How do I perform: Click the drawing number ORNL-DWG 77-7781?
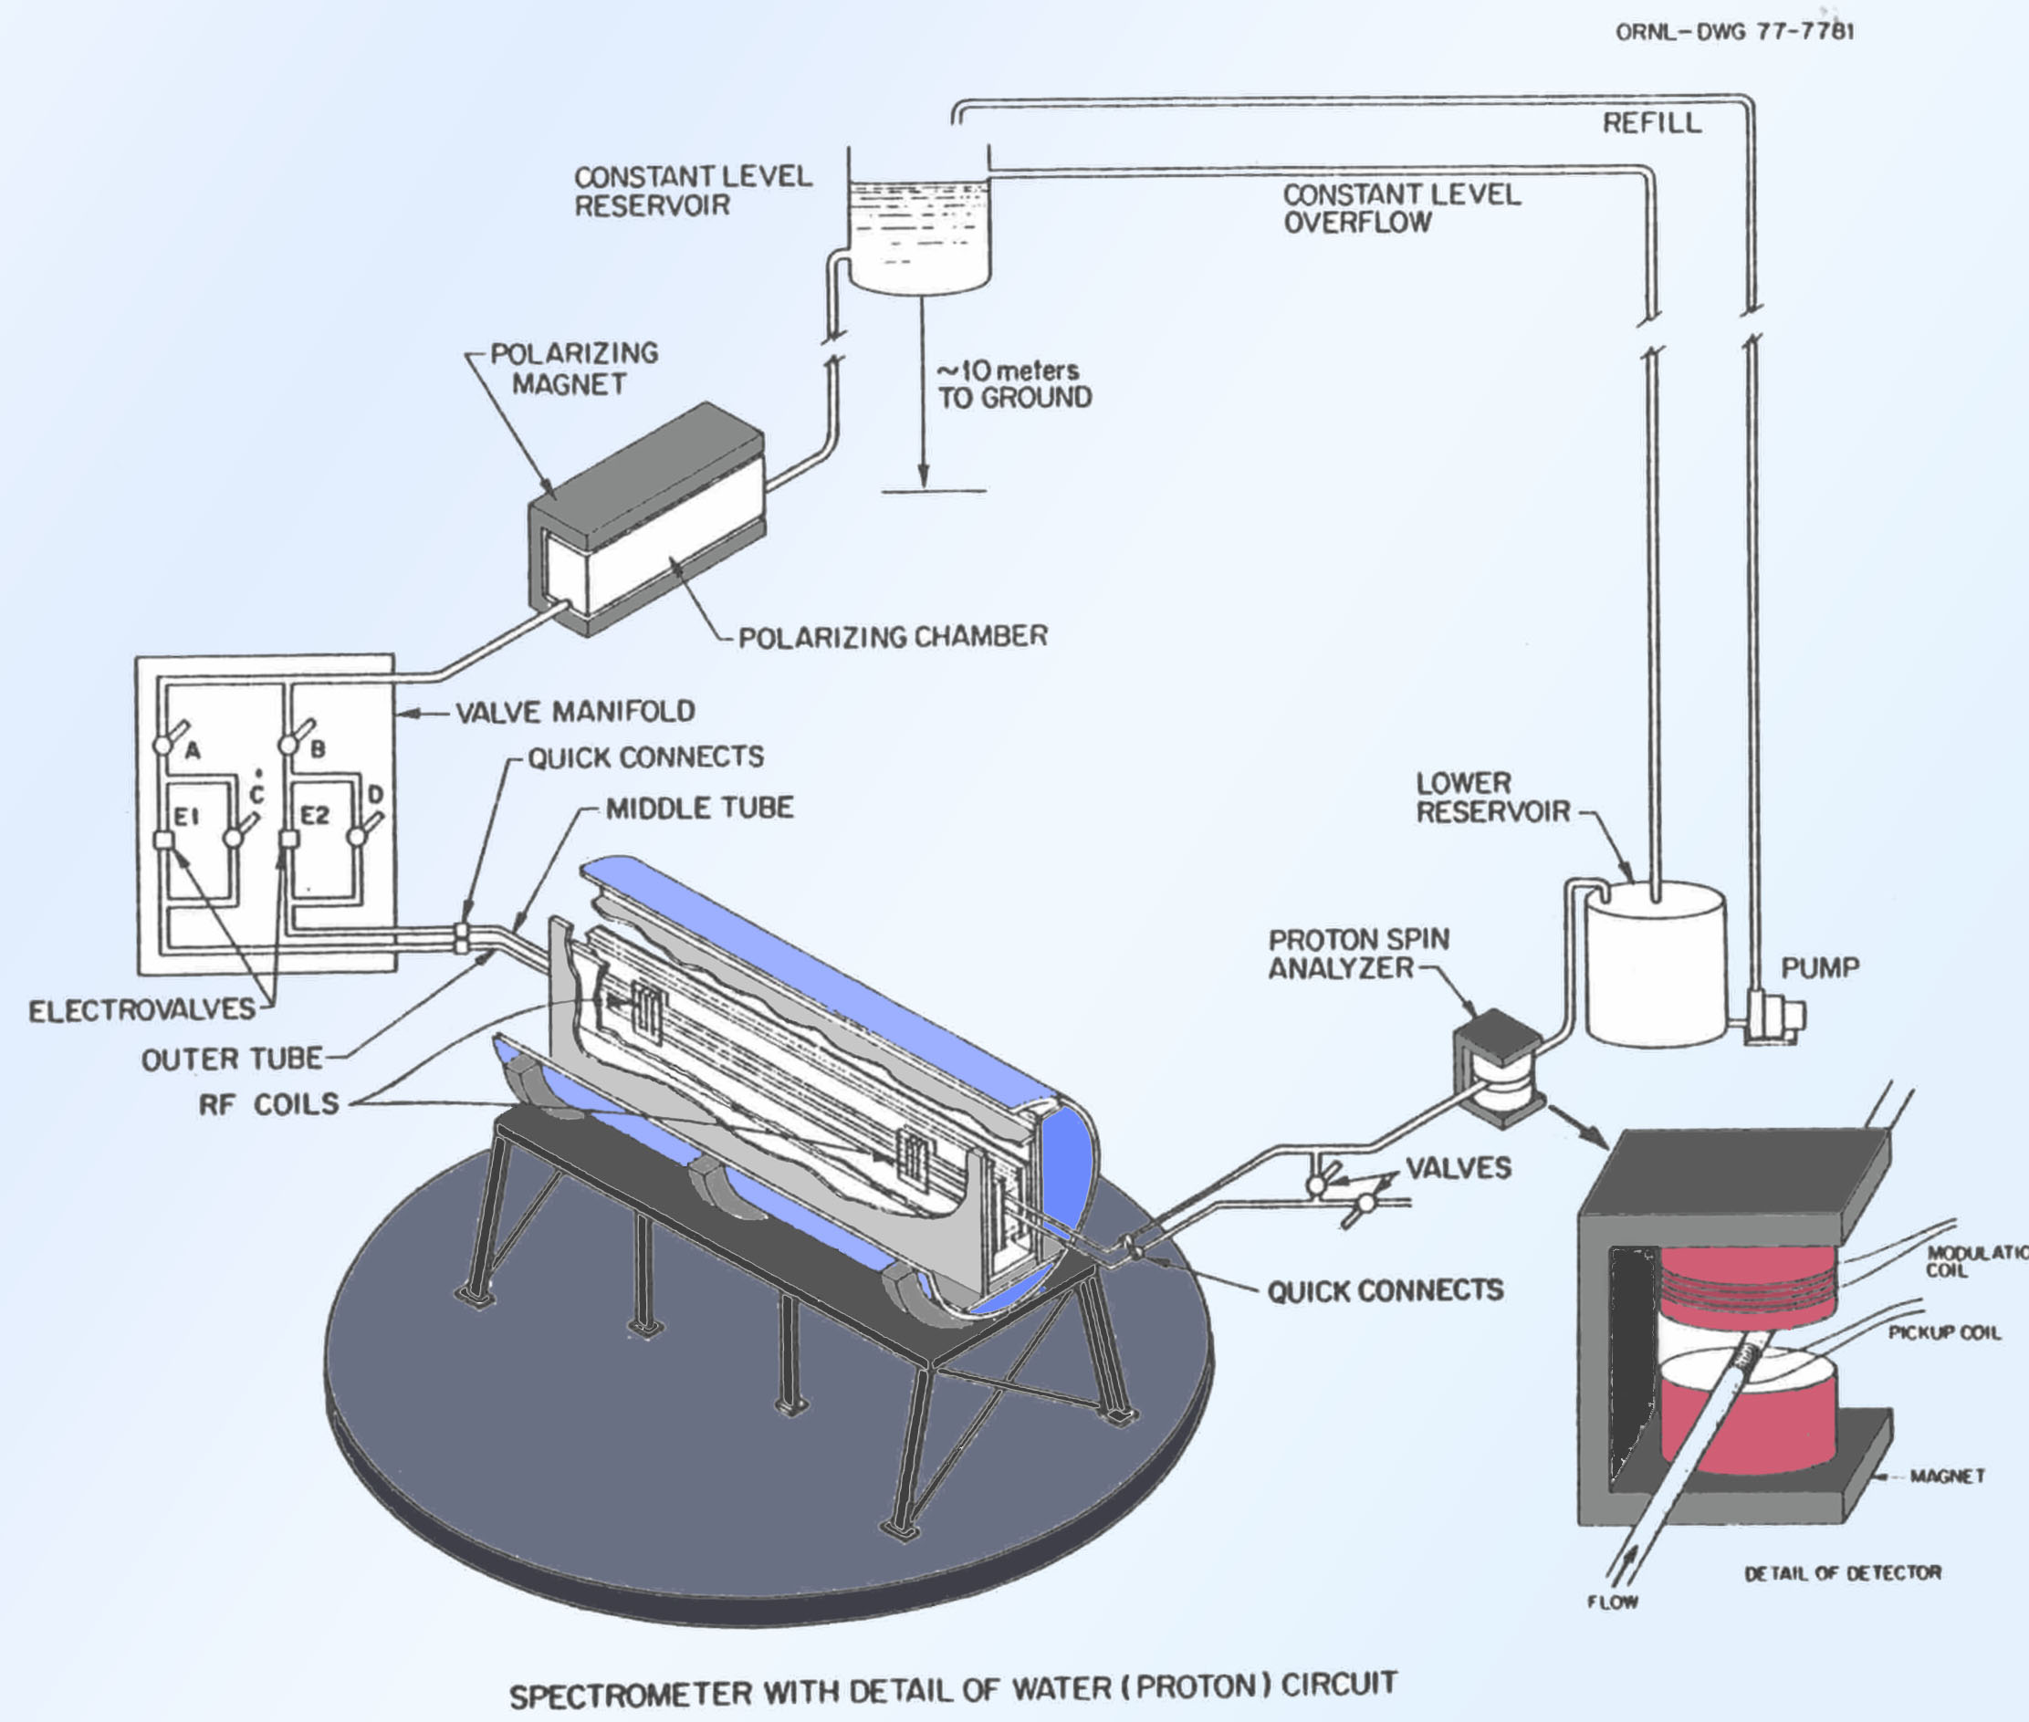(1734, 31)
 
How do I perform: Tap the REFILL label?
(1652, 123)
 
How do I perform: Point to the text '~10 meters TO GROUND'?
(1013, 384)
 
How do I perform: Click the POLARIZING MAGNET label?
(573, 368)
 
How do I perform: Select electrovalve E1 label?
(185, 816)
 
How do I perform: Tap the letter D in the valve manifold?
(375, 795)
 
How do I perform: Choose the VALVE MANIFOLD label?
(575, 712)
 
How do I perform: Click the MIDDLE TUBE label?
(699, 809)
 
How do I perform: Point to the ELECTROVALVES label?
(141, 1010)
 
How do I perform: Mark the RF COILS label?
(268, 1104)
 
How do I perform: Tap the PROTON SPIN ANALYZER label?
(1357, 954)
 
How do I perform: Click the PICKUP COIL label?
(1944, 1333)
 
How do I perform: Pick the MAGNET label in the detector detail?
(1947, 1476)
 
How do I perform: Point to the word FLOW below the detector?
(1612, 1602)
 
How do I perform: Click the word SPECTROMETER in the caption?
(629, 1695)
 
